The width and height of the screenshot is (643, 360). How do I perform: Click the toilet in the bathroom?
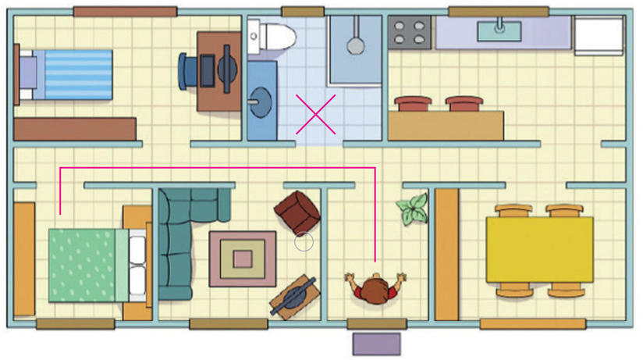(273, 36)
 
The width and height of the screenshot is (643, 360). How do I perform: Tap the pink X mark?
(315, 114)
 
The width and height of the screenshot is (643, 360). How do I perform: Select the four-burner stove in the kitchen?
(410, 32)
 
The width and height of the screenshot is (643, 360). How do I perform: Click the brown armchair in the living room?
(297, 211)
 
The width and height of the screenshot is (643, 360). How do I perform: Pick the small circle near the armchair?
(304, 242)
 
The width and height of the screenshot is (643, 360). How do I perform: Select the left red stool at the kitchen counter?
(412, 104)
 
